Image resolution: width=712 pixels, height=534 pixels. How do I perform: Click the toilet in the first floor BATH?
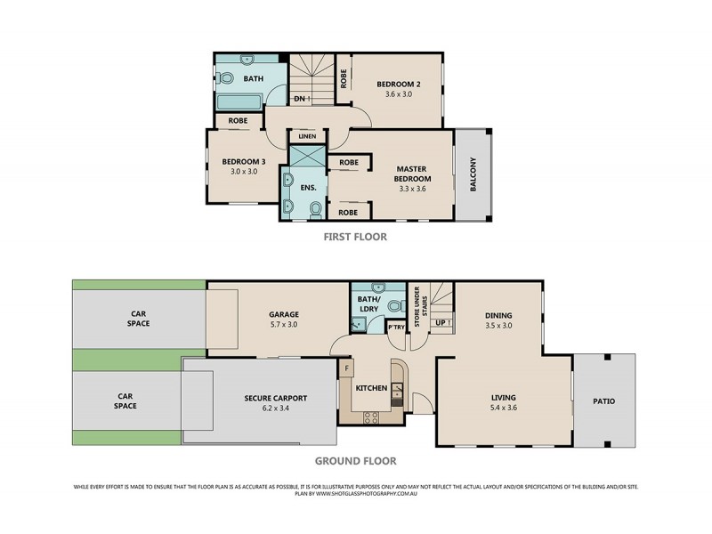pos(226,79)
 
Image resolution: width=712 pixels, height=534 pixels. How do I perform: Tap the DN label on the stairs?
pos(301,98)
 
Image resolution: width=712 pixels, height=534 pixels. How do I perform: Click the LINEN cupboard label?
pos(307,136)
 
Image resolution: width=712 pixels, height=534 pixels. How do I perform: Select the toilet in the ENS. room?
pos(315,210)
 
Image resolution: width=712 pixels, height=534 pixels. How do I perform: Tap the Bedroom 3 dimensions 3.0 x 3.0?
pos(239,172)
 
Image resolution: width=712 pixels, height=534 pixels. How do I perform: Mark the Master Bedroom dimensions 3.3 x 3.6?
pos(412,188)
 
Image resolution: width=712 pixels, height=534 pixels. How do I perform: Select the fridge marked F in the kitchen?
pos(346,368)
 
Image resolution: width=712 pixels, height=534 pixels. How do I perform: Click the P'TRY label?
pos(396,328)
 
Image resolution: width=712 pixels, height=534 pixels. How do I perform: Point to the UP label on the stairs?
pos(441,321)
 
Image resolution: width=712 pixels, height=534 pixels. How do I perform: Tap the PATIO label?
pos(603,400)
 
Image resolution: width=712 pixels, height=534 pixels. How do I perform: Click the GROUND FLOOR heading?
pos(355,461)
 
